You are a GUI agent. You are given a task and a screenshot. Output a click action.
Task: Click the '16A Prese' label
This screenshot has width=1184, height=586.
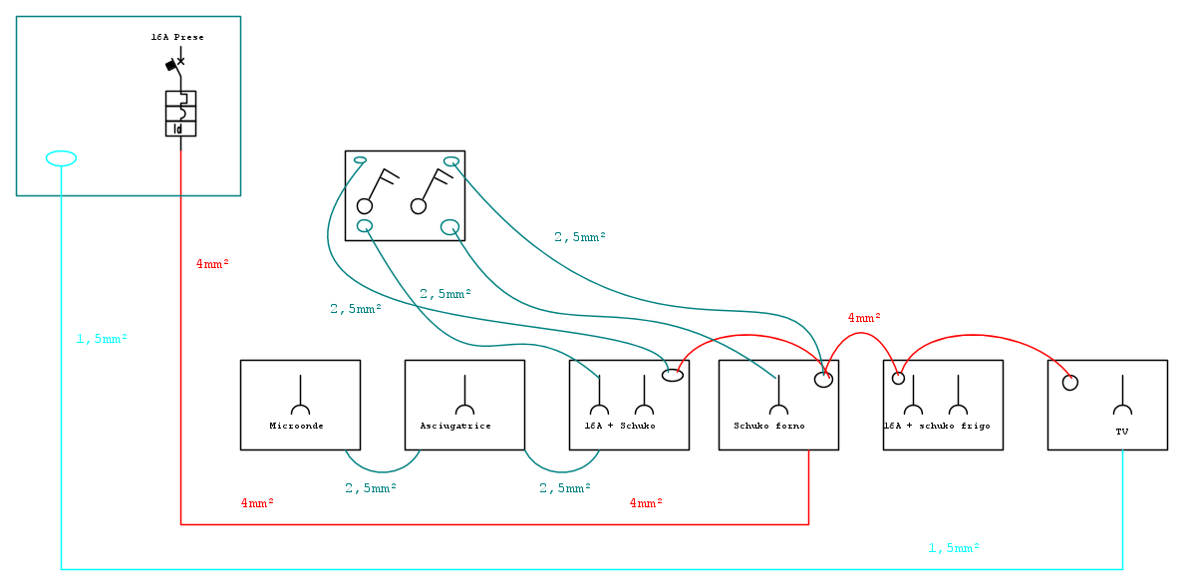[x=177, y=37]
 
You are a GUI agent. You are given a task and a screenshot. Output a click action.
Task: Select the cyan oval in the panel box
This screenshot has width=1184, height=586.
[x=61, y=158]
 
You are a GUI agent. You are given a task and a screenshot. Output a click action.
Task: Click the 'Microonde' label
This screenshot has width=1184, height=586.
[x=297, y=426]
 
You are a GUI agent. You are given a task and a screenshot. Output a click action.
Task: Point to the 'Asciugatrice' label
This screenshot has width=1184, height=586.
[x=455, y=426]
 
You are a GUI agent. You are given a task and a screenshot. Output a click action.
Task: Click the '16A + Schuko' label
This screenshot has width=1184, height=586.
[x=620, y=426]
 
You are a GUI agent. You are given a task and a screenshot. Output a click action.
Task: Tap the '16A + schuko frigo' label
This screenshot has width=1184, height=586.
[x=937, y=426]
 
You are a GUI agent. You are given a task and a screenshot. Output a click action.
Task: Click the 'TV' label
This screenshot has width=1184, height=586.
[x=1122, y=432]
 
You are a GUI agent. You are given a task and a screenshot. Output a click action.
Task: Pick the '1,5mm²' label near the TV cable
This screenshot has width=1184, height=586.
[x=954, y=547]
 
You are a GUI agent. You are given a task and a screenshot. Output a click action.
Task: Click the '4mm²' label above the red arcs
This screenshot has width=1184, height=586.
[x=865, y=318]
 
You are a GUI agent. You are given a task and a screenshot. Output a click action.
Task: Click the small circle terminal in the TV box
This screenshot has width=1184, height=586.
[x=1070, y=382]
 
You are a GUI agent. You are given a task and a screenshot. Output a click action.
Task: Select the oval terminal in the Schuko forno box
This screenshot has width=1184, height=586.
[x=824, y=379]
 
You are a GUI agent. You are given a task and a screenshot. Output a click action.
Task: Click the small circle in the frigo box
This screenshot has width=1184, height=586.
[x=898, y=379]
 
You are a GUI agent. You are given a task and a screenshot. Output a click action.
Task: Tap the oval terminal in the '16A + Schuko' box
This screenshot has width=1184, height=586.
[x=673, y=376]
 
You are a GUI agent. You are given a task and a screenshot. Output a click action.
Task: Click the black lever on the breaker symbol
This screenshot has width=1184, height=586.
[x=171, y=66]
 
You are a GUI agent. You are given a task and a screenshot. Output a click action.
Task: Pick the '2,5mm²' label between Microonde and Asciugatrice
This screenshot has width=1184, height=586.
[x=371, y=487]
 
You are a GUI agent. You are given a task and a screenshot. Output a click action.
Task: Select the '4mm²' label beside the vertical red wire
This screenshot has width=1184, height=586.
[x=212, y=264]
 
